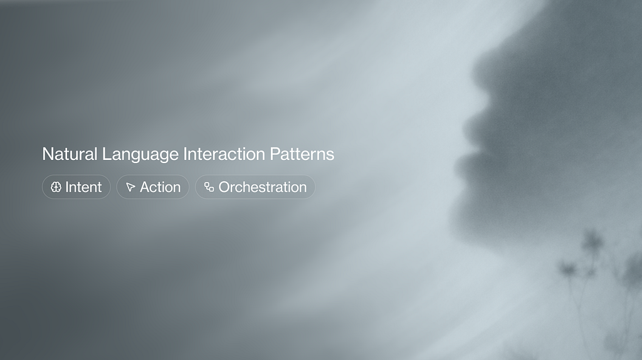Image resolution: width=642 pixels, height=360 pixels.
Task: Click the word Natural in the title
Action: [x=70, y=154]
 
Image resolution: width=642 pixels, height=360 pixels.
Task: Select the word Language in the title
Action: [x=140, y=155]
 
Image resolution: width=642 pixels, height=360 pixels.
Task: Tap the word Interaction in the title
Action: [x=224, y=154]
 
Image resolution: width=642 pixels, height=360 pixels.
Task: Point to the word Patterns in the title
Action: [x=302, y=154]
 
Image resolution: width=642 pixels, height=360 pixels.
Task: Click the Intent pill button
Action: [x=76, y=187]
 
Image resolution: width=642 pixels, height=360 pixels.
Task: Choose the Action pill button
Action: [x=153, y=187]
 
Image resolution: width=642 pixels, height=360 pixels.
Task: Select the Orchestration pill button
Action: [x=255, y=187]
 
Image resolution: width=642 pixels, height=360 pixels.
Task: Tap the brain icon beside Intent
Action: [x=56, y=187]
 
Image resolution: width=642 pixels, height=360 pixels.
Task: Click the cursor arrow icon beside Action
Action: [x=130, y=187]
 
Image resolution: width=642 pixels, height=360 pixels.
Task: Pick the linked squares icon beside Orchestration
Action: [x=209, y=187]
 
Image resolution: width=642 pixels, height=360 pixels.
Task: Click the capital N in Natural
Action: [x=48, y=154]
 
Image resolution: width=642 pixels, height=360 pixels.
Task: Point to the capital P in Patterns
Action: [x=275, y=154]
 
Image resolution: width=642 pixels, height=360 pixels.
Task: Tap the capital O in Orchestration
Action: [x=224, y=187]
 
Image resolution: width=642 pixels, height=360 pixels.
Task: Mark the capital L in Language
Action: [x=106, y=154]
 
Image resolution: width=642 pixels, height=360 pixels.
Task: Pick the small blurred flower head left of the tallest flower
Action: [x=567, y=268]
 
